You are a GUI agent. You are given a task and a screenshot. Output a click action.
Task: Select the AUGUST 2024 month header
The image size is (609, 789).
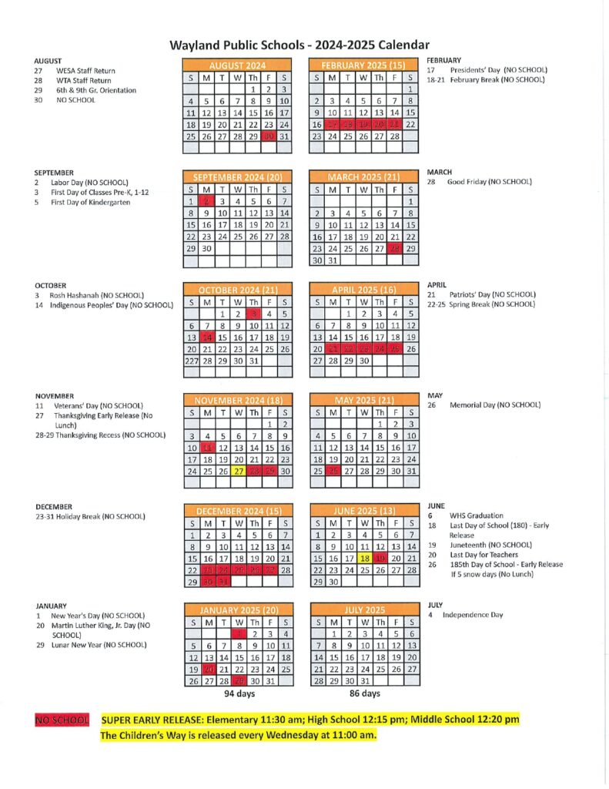237,66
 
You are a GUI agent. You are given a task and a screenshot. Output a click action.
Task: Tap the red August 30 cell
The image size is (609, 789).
269,136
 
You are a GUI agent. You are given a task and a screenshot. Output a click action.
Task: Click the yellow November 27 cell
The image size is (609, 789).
239,471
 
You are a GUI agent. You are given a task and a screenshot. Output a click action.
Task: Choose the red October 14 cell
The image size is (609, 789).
207,337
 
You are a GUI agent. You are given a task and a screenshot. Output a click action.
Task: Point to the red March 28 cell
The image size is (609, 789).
395,248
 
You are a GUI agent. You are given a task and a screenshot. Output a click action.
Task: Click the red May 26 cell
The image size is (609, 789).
333,471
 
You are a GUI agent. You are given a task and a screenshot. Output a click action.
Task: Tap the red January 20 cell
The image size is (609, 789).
207,670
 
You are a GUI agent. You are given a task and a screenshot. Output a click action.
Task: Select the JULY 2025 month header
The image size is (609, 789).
365,610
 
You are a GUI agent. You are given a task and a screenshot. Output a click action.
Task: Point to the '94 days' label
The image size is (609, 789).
239,693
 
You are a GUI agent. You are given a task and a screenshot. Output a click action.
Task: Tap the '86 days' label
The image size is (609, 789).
365,693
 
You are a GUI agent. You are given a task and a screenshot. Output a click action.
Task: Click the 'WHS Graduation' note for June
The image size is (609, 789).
476,515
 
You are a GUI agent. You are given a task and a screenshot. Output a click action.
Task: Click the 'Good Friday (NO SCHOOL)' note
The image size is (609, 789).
490,182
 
